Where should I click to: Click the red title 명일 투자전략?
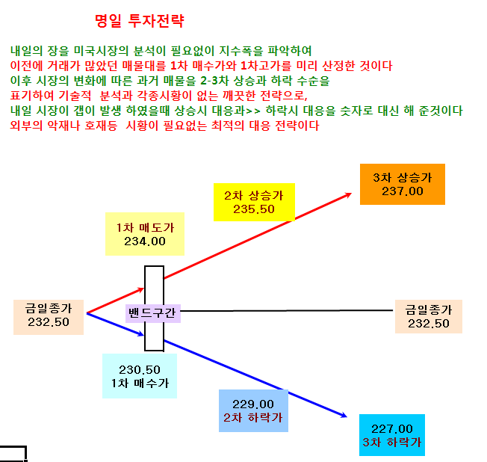pos(140,21)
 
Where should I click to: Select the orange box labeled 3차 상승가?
pos(402,184)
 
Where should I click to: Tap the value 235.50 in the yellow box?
pos(254,209)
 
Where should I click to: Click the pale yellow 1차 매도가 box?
pos(145,234)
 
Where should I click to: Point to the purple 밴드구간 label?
pos(153,312)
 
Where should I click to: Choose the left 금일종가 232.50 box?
pos(49,317)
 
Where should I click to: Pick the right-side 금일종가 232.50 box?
pos(429,316)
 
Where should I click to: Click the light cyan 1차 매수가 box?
pos(140,376)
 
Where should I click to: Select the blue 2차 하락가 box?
pos(253,410)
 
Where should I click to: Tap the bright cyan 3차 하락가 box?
pos(392,435)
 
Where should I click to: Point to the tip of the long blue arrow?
pos(347,416)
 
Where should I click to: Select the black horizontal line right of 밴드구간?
pos(287,310)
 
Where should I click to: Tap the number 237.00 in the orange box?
pos(403,191)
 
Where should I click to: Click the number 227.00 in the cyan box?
pos(392,429)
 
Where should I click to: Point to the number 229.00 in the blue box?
pos(253,404)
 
